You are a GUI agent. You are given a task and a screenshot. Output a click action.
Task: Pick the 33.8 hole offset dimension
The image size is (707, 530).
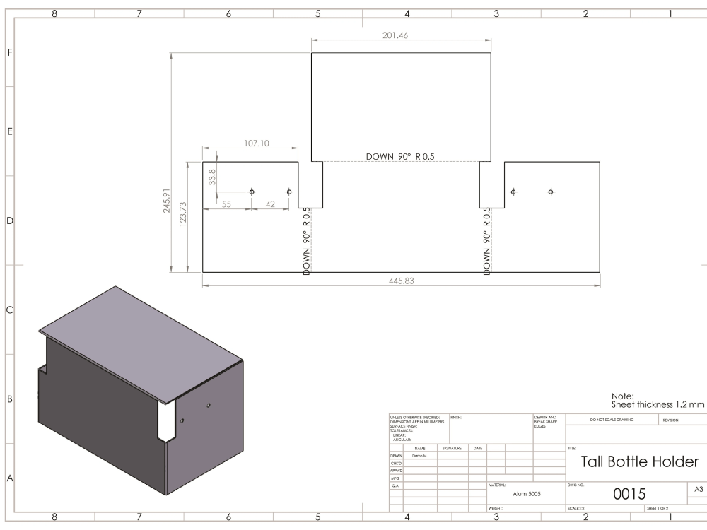(213, 176)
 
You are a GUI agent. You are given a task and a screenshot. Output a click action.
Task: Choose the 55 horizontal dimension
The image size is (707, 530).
(227, 204)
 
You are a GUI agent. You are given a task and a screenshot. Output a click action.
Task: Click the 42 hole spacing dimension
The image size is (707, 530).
(269, 204)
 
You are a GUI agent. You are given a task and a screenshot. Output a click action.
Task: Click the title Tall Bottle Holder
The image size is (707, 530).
(639, 461)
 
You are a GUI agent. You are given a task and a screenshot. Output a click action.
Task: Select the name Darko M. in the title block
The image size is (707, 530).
(421, 456)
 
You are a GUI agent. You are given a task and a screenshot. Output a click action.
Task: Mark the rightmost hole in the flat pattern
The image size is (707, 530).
(551, 192)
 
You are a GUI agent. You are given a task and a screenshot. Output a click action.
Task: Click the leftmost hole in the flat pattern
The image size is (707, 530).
(252, 192)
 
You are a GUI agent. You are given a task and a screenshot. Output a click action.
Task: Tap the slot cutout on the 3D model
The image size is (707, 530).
(167, 423)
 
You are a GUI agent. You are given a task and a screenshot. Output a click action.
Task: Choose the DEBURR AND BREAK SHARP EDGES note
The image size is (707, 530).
(549, 421)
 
